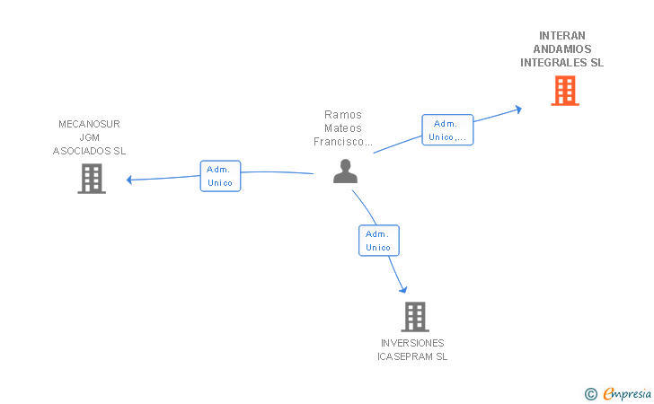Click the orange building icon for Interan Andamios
tap(564, 91)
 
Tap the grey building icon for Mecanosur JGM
tap(92, 179)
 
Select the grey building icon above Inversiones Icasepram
tap(414, 316)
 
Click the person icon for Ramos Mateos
tap(345, 171)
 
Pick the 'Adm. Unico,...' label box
tap(447, 130)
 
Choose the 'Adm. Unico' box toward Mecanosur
tap(220, 176)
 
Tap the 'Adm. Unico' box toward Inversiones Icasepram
tap(378, 241)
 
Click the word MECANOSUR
tap(89, 124)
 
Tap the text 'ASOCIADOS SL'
tap(89, 151)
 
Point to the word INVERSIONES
tap(412, 343)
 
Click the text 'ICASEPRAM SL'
tap(412, 356)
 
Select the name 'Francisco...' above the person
tap(342, 142)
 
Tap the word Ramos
tap(342, 115)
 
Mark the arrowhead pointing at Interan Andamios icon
tap(517, 110)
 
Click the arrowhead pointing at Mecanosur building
tap(130, 180)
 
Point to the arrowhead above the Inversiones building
tap(403, 289)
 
